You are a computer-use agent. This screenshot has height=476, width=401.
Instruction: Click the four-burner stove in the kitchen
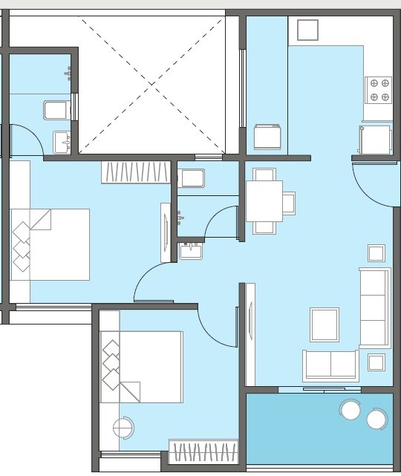click(x=379, y=89)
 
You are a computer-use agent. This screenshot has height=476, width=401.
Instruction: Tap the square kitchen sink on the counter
click(x=307, y=30)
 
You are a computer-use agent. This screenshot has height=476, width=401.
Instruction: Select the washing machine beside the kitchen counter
click(x=267, y=137)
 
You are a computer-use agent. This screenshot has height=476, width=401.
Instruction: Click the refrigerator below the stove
click(x=374, y=139)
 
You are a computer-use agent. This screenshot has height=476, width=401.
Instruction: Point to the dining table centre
click(x=264, y=201)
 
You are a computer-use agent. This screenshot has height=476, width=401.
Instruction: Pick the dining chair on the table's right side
click(x=289, y=203)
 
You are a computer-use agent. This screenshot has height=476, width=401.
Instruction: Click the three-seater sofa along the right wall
click(x=374, y=307)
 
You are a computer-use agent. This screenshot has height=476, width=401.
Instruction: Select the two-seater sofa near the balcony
click(x=330, y=365)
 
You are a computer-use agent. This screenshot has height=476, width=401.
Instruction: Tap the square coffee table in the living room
click(x=325, y=325)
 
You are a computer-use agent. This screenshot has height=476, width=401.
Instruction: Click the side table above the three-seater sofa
click(x=376, y=252)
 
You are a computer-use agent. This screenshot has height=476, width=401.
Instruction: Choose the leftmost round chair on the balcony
click(x=350, y=409)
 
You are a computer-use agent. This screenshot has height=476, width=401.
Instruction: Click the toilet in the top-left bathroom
click(x=56, y=111)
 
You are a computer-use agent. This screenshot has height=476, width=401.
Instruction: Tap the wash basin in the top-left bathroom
click(x=61, y=140)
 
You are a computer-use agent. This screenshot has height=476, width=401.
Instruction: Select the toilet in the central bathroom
click(x=192, y=178)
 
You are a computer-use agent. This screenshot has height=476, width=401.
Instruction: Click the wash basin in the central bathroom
click(x=191, y=250)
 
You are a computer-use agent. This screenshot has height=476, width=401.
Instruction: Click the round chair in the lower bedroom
click(x=123, y=428)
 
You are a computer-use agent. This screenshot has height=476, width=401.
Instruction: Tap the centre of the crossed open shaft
click(x=152, y=82)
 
